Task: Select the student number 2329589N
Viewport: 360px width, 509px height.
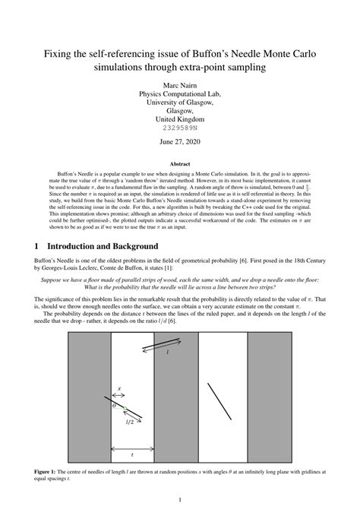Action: (179, 128)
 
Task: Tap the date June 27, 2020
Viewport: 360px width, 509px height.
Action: (179, 142)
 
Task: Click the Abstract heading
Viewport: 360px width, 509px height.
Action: (179, 163)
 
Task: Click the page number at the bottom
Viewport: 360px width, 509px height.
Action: (179, 499)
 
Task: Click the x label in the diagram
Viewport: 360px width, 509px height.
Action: (118, 390)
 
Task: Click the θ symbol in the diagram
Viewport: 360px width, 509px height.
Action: (114, 406)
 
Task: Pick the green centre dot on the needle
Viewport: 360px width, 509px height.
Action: (124, 408)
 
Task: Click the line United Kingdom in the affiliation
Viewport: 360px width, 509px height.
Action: (179, 119)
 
